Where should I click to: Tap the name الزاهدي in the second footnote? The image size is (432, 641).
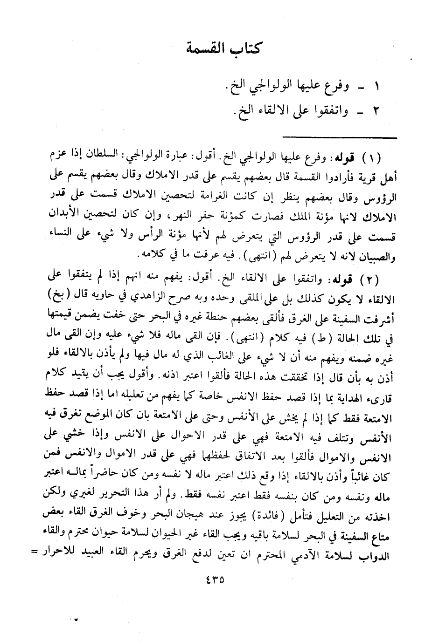[x=161, y=296]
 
